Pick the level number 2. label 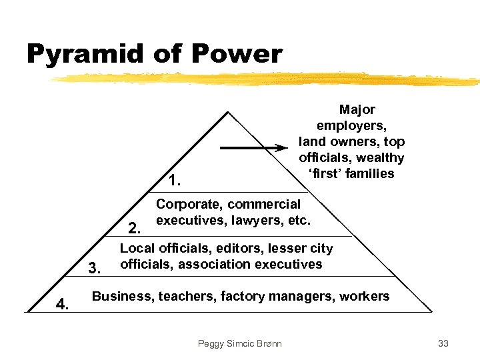[134, 229]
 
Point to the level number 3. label [95, 269]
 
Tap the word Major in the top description [357, 109]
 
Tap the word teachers [187, 296]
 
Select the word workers [364, 296]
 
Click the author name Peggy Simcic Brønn [240, 343]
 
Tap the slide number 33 [443, 343]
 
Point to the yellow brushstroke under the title [267, 79]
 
